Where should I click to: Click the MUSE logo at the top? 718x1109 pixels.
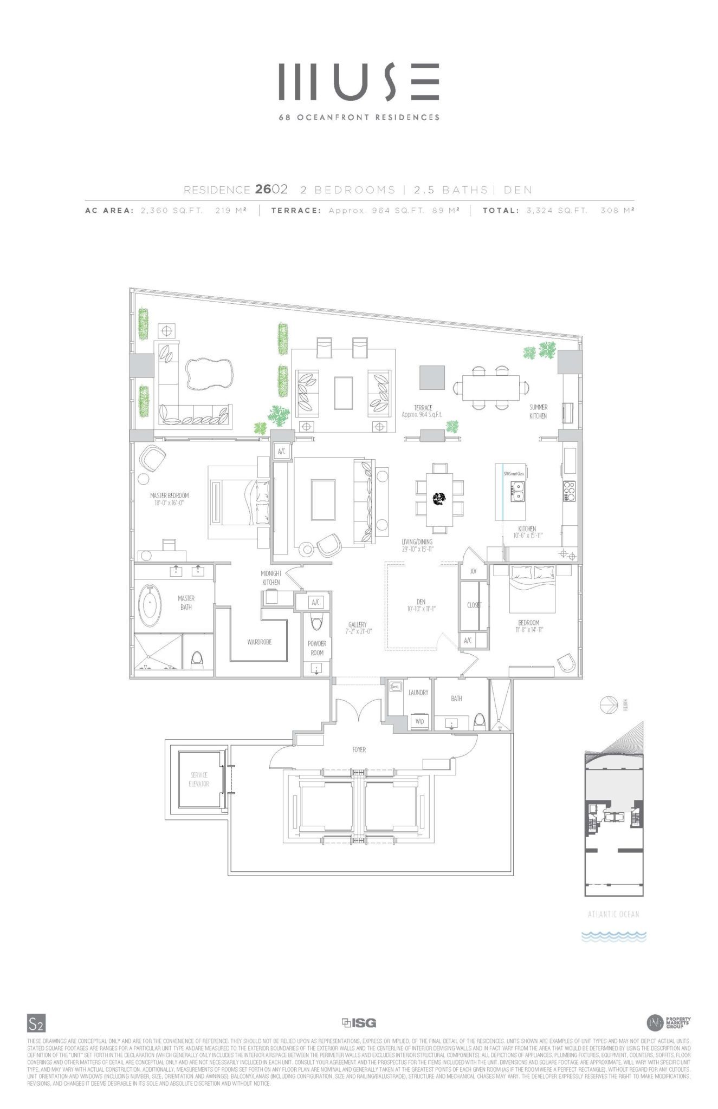[x=359, y=82]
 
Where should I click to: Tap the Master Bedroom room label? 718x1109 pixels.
[x=169, y=495]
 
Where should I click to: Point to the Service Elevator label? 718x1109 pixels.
[x=199, y=779]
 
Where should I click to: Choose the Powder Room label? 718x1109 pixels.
[x=317, y=648]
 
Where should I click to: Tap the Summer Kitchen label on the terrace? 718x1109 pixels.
[x=538, y=412]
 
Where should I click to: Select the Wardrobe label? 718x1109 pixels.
[x=259, y=642]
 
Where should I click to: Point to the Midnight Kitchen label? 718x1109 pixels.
[x=271, y=577]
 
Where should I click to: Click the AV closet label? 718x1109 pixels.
[x=473, y=571]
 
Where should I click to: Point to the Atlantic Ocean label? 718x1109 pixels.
[x=613, y=914]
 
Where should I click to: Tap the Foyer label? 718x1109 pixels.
[x=359, y=750]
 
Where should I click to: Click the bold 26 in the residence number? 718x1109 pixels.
[x=263, y=190]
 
